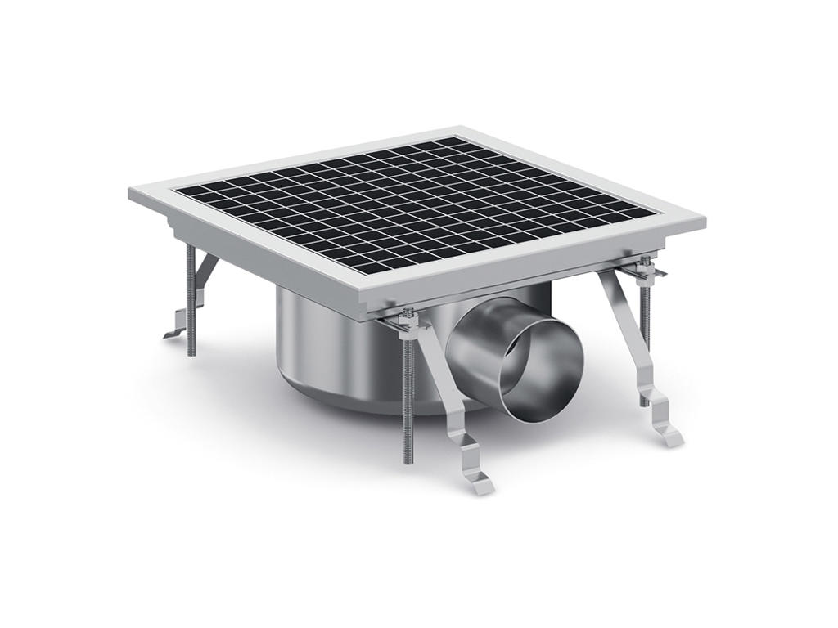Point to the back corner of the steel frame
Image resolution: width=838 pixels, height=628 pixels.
click(460, 130)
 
